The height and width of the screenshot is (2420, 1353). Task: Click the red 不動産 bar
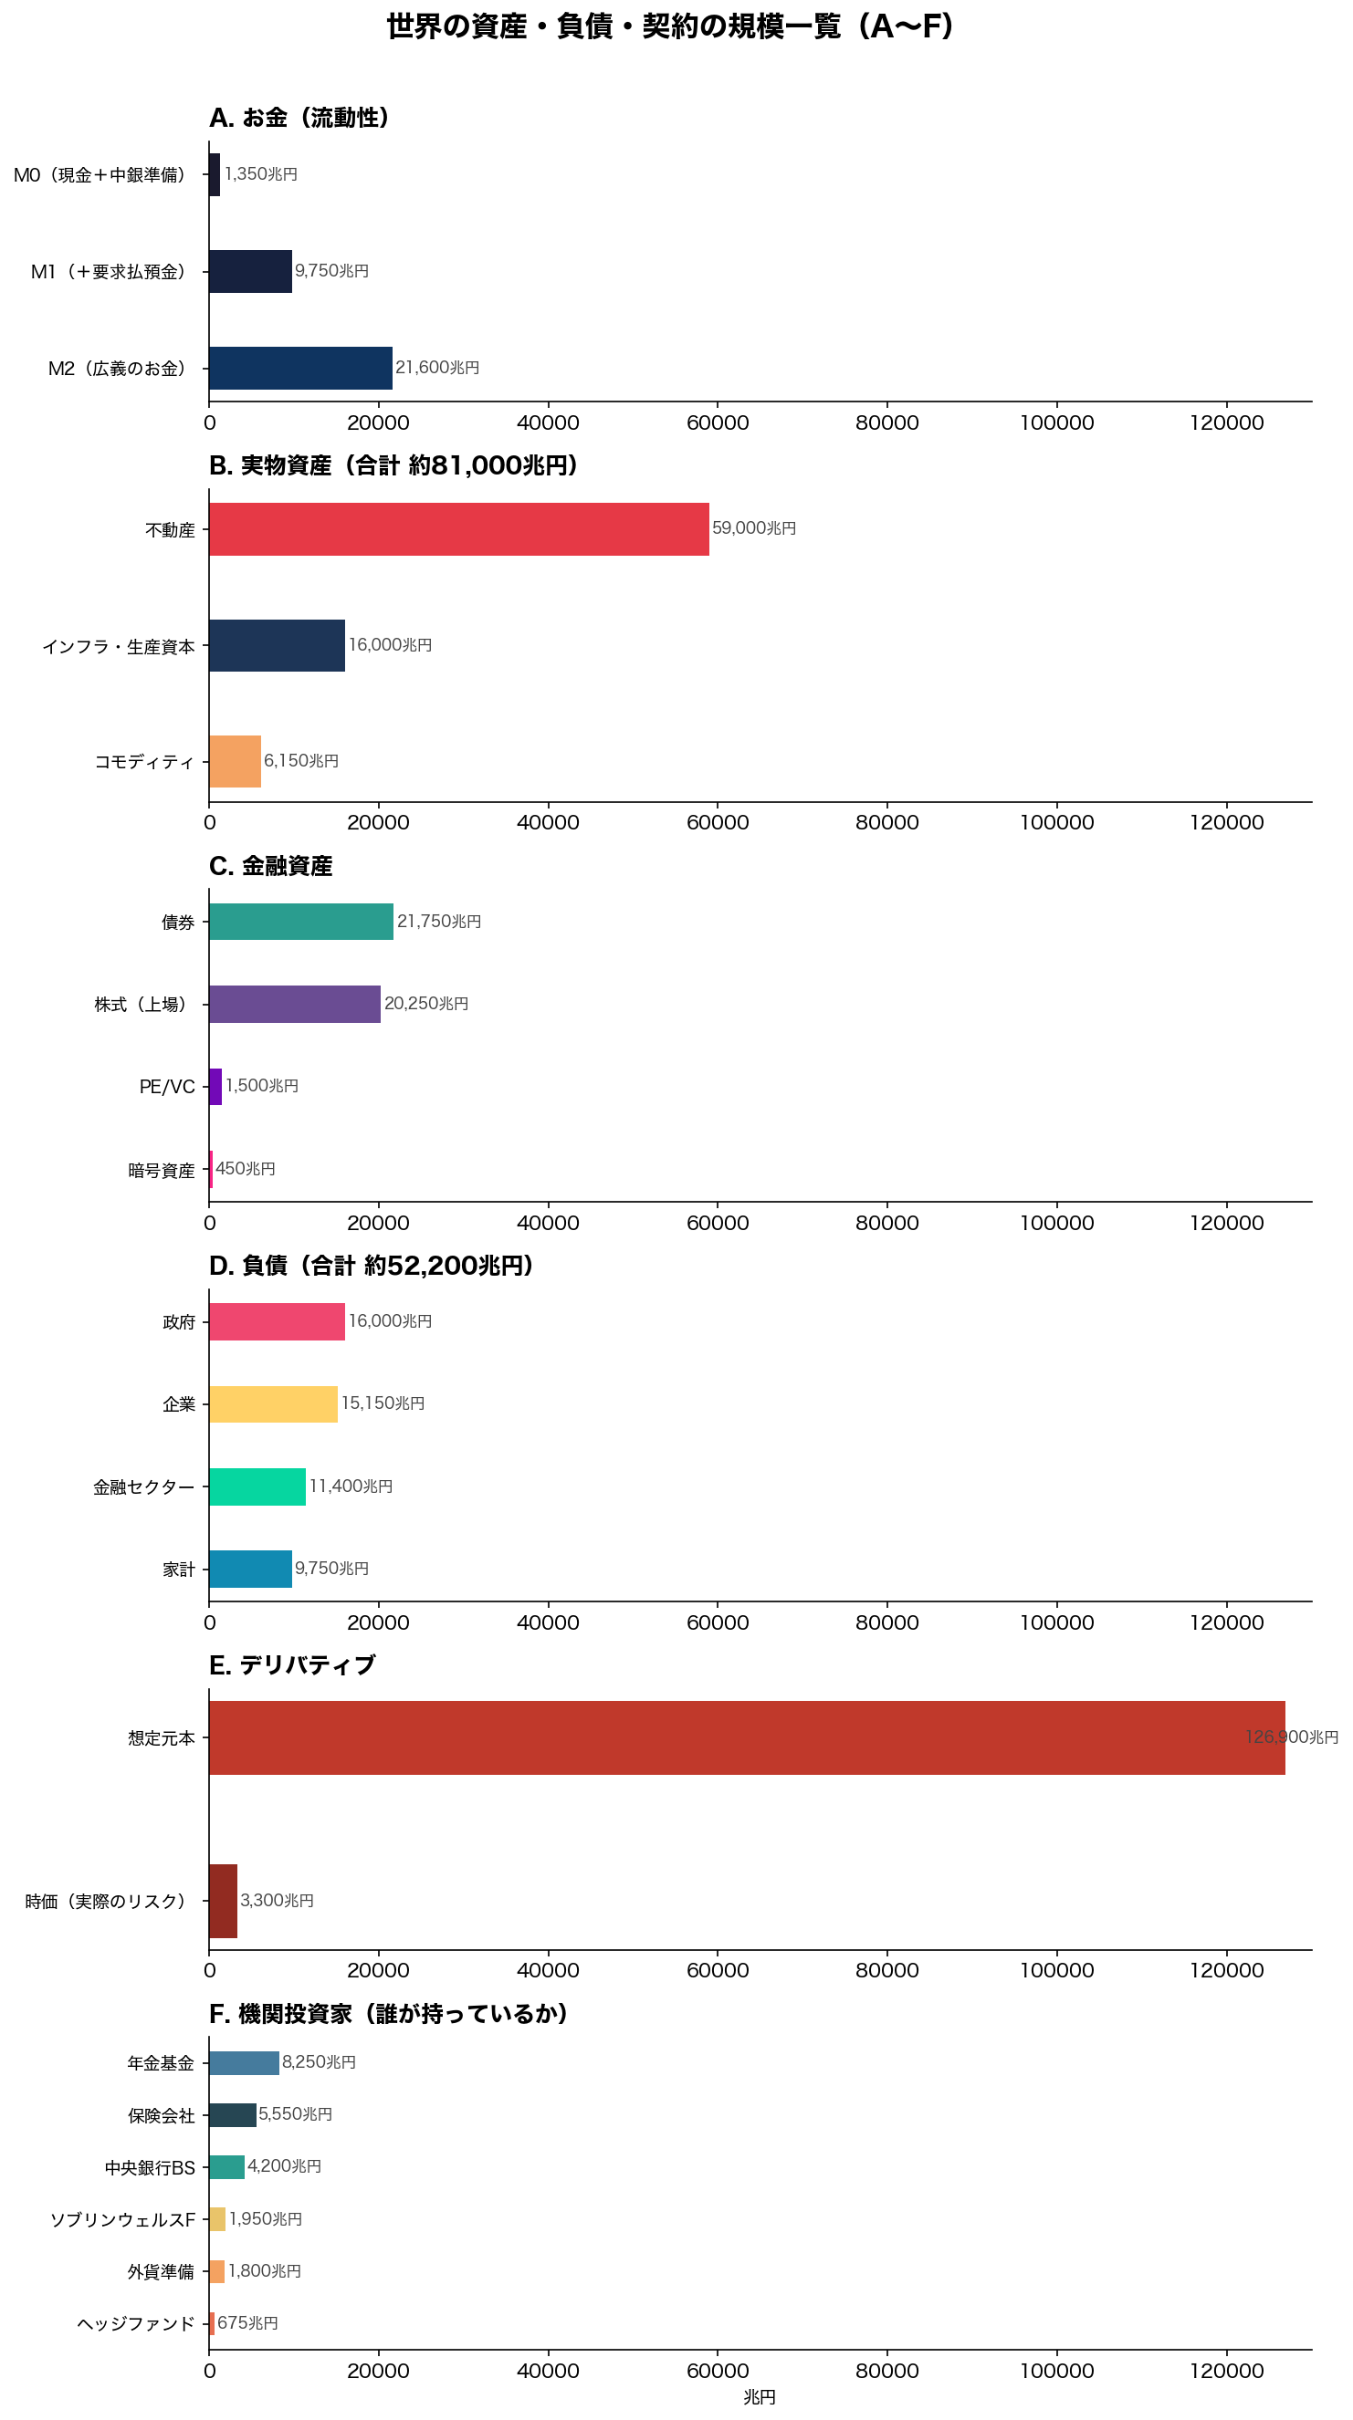point(458,529)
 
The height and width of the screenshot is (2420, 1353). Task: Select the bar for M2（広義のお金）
point(300,368)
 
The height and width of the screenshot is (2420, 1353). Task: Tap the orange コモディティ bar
point(235,761)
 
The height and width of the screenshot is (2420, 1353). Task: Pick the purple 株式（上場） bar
point(294,1004)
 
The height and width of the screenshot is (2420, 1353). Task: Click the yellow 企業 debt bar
point(272,1403)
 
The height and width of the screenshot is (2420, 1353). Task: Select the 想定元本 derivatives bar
point(746,1737)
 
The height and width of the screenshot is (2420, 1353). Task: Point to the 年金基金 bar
point(244,2062)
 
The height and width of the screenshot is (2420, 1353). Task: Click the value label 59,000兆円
point(753,528)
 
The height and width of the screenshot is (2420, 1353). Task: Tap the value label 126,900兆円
point(1291,1737)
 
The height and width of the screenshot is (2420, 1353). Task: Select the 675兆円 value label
point(247,2322)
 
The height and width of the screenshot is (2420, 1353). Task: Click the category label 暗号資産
point(162,1170)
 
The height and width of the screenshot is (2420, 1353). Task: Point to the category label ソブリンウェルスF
point(122,2219)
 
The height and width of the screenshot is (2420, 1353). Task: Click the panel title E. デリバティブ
point(291,1664)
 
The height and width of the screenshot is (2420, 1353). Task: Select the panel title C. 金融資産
point(270,865)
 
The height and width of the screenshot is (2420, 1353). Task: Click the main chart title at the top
point(671,26)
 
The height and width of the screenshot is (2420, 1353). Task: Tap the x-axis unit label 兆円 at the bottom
point(760,2396)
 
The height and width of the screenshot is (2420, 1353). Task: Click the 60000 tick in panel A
point(717,422)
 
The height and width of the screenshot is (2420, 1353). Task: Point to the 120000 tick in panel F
point(1225,2370)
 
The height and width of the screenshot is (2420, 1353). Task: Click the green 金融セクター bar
point(257,1486)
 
